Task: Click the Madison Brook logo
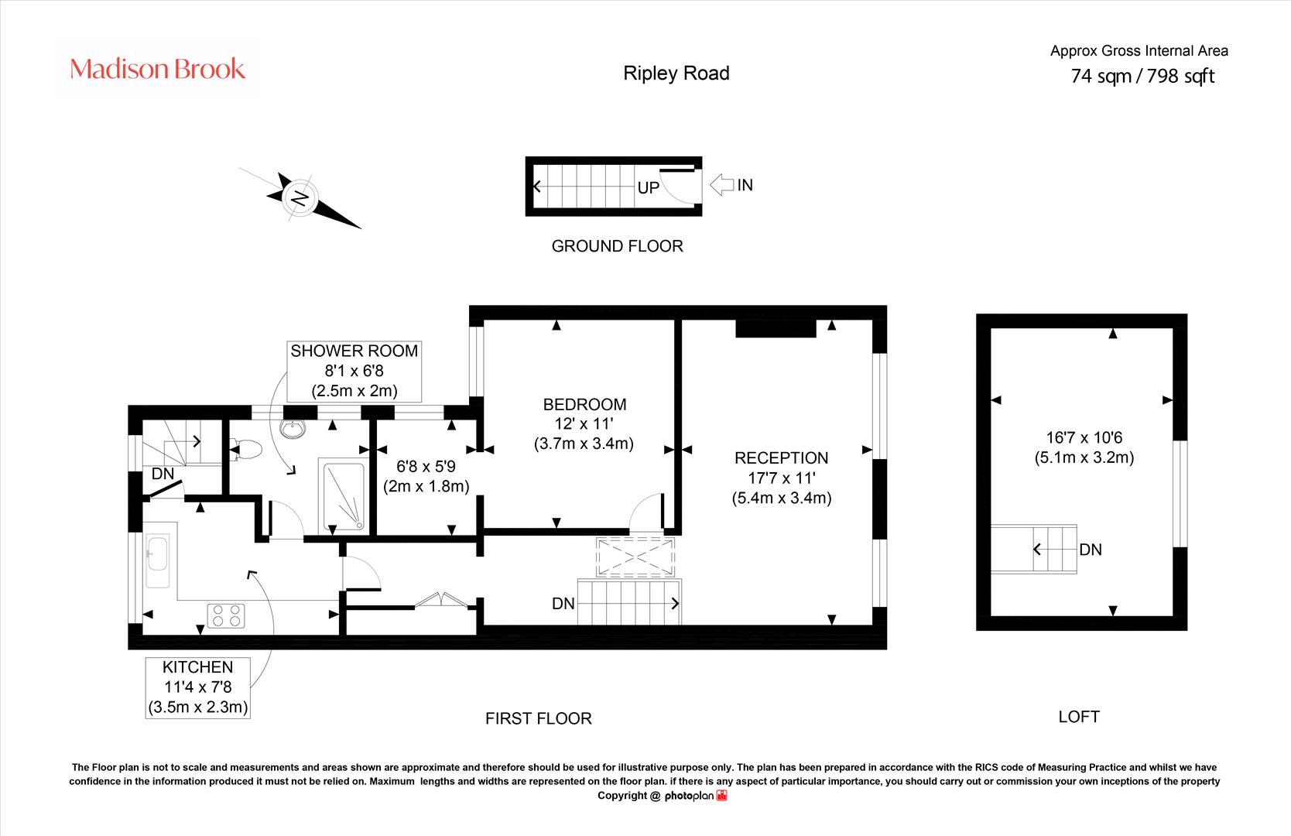[x=157, y=69]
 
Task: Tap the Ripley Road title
[x=676, y=74]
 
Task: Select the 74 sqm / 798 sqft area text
[x=1142, y=76]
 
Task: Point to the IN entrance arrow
[x=721, y=185]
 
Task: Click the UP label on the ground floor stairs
[x=649, y=188]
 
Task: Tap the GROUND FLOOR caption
[x=618, y=246]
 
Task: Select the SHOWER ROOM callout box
[x=354, y=372]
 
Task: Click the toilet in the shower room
[x=246, y=449]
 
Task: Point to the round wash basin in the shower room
[x=293, y=429]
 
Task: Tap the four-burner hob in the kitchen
[x=226, y=615]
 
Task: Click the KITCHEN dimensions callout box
[x=197, y=688]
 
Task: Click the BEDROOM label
[x=584, y=405]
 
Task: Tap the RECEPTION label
[x=782, y=458]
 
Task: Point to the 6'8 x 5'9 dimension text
[x=426, y=467]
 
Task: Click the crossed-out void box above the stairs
[x=635, y=557]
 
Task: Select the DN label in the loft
[x=1091, y=550]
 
